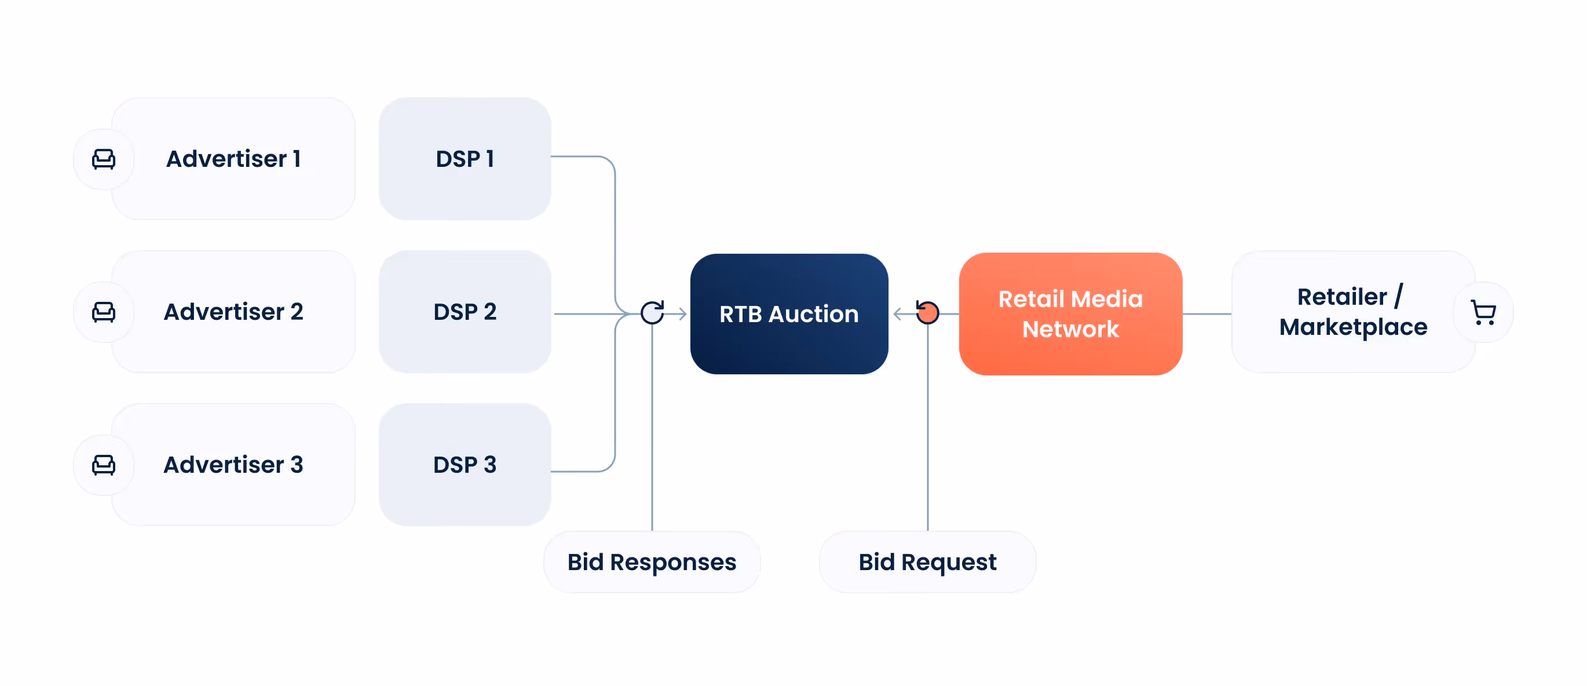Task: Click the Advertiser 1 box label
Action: [233, 159]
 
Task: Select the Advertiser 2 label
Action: [233, 312]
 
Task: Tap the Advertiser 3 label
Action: [233, 465]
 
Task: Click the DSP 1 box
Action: [465, 159]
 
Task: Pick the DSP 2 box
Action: [465, 312]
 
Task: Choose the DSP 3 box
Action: [465, 465]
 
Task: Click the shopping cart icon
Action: [1483, 312]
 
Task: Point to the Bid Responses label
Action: [651, 562]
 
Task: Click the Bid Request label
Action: [927, 562]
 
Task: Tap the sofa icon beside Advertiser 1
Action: [104, 159]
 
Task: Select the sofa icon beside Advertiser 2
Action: [104, 312]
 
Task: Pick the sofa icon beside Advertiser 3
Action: [104, 465]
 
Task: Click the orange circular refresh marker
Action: [927, 313]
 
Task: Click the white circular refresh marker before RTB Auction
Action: [652, 313]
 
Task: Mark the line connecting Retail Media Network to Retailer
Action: [1206, 313]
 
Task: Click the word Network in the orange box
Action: [1070, 329]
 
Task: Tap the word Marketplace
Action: [1353, 327]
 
